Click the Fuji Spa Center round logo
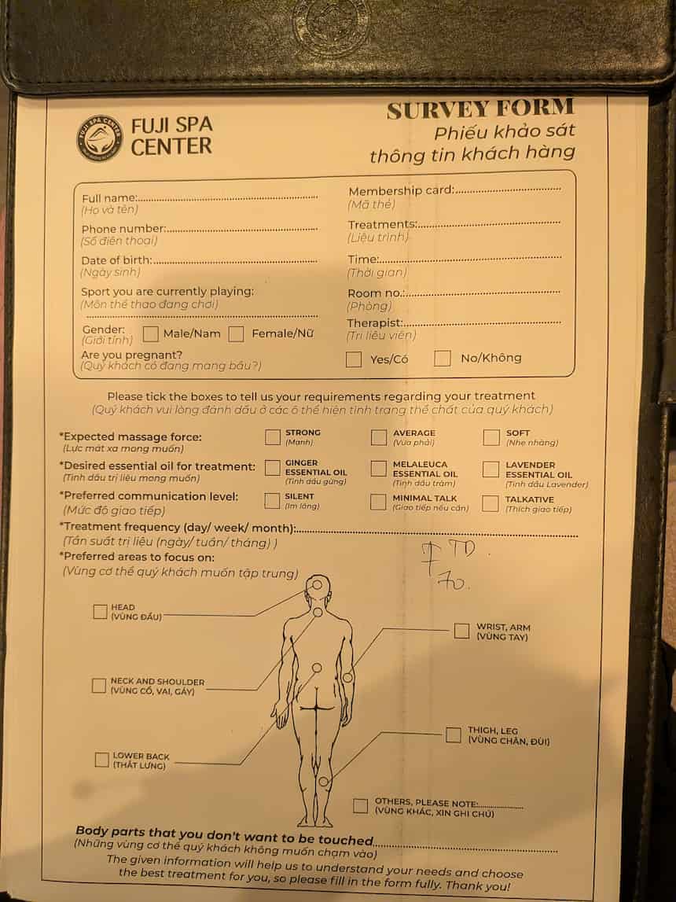click(100, 138)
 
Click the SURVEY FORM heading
click(480, 109)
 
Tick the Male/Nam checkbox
click(151, 333)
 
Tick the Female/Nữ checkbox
click(236, 334)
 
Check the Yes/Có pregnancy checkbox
click(354, 359)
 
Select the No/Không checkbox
click(443, 359)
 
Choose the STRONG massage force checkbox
click(273, 437)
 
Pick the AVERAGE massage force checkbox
click(379, 437)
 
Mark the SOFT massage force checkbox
click(491, 437)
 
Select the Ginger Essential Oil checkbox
click(273, 468)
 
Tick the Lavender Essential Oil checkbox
click(490, 469)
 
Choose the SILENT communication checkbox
click(273, 501)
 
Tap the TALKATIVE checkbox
click(490, 503)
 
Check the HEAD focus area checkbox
click(100, 611)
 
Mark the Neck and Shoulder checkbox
click(98, 685)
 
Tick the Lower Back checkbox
click(101, 760)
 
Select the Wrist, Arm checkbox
click(461, 631)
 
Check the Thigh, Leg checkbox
click(453, 734)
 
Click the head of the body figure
click(318, 587)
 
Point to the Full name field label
click(109, 198)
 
